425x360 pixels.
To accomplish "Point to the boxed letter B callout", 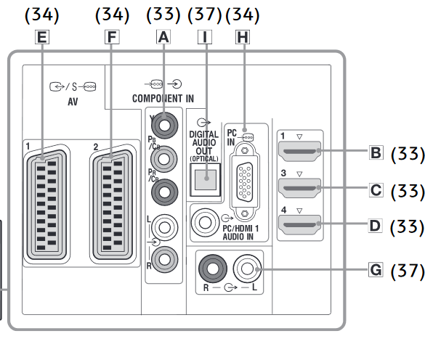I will tap(376, 154).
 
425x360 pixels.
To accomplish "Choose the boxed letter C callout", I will tap(376, 190).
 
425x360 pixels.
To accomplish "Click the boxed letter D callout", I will tap(376, 226).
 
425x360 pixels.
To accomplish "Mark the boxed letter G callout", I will tap(376, 270).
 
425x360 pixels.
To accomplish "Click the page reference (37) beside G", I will tap(408, 271).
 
